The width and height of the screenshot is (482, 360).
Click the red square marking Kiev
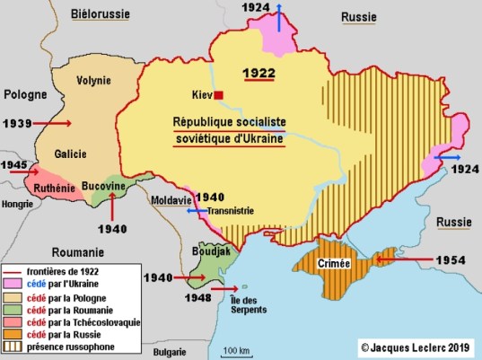coord(217,94)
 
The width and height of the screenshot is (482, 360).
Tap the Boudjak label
coord(211,253)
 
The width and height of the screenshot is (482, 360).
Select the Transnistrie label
coord(230,212)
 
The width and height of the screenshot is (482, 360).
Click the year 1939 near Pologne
coord(20,121)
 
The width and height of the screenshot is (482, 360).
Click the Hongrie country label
coord(18,204)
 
